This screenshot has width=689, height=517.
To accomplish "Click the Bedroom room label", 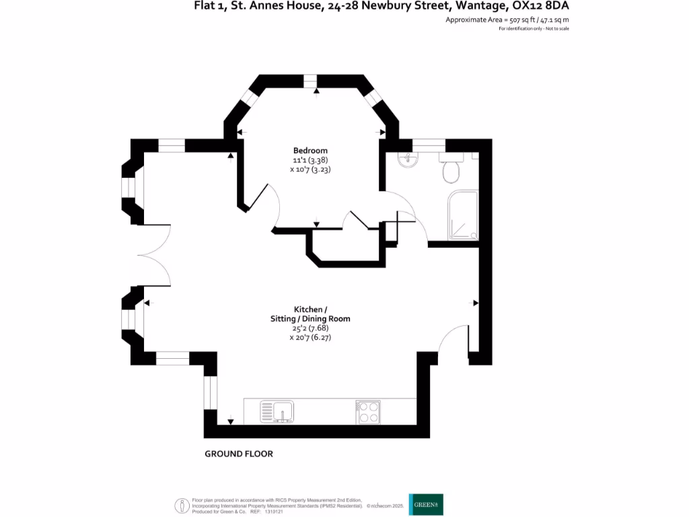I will click(310, 150).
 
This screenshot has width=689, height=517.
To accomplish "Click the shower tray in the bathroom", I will click(463, 215).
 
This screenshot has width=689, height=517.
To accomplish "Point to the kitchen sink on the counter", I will click(277, 411).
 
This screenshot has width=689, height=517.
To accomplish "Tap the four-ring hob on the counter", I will click(368, 411).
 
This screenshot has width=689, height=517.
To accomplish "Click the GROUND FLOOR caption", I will click(239, 454).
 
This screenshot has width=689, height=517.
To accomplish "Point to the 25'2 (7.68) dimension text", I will click(310, 329).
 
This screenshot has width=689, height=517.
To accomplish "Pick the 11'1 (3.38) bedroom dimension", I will click(310, 160).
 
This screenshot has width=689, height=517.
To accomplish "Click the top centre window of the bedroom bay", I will click(310, 81).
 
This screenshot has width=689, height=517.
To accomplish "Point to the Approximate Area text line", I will click(507, 20).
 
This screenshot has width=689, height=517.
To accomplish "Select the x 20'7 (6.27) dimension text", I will click(310, 339).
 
